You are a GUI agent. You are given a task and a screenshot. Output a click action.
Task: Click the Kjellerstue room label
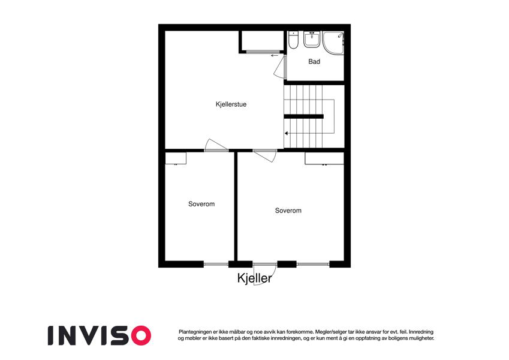pyautogui.click(x=231, y=104)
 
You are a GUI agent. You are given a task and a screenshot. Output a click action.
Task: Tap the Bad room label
pyautogui.click(x=314, y=61)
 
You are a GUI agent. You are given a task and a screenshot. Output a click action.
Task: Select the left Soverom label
pyautogui.click(x=201, y=204)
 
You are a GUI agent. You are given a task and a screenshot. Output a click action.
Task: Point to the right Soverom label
pyautogui.click(x=288, y=211)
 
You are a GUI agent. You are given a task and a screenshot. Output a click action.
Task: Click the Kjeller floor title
pyautogui.click(x=254, y=278)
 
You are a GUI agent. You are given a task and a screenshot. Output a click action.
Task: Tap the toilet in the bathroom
pyautogui.click(x=293, y=40)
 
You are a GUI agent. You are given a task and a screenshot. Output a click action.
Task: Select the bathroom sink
pyautogui.click(x=312, y=40)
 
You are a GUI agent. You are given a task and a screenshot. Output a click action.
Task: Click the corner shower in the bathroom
pyautogui.click(x=334, y=43)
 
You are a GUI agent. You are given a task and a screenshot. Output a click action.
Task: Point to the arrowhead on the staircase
pyautogui.click(x=287, y=133)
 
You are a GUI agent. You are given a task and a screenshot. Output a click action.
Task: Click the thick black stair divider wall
pyautogui.click(x=303, y=116)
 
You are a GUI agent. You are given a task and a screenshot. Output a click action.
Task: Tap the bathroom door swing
pyautogui.click(x=280, y=67)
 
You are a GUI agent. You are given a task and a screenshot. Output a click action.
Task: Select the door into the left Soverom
pyautogui.click(x=216, y=145)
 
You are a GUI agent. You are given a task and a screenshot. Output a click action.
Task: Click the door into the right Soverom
pyautogui.click(x=265, y=155)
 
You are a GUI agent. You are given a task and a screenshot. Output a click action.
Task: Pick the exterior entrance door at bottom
pyautogui.click(x=264, y=274)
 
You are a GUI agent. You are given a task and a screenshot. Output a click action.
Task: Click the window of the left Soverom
pyautogui.click(x=216, y=264)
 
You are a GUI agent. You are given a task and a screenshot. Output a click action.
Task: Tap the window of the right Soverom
pyautogui.click(x=313, y=264)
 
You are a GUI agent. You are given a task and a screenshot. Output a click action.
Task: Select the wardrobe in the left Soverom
pyautogui.click(x=176, y=158)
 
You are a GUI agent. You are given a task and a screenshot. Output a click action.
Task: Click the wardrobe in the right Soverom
pyautogui.click(x=324, y=158)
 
